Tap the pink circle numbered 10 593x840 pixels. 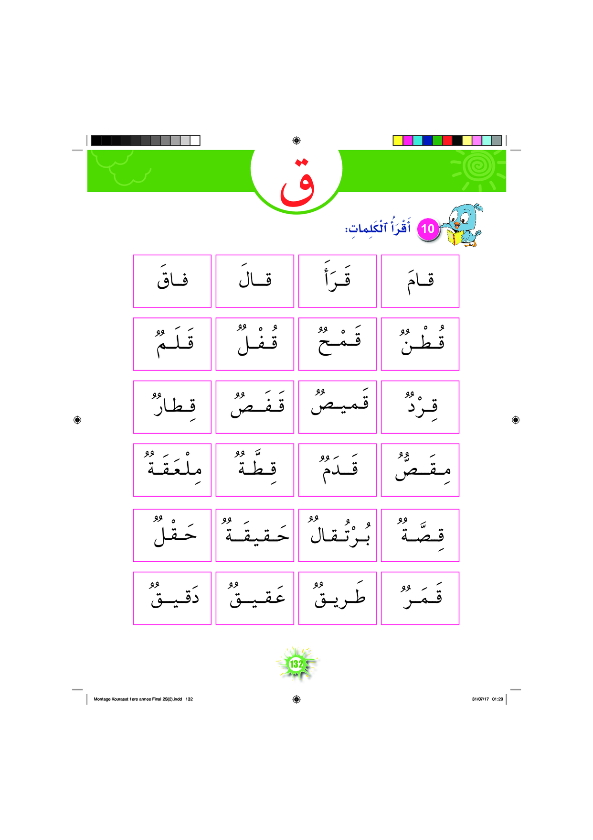pyautogui.click(x=427, y=229)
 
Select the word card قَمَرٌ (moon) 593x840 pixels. pyautogui.click(x=420, y=598)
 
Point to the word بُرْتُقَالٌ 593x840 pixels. pyautogui.click(x=338, y=535)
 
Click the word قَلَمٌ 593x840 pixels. pyautogui.click(x=172, y=344)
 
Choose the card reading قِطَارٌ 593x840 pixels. pyautogui.click(x=172, y=407)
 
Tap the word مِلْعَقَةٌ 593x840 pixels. pyautogui.click(x=172, y=469)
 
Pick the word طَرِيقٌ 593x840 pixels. pyautogui.click(x=338, y=598)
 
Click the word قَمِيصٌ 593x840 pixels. pyautogui.click(x=338, y=407)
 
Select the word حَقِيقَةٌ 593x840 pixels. pyautogui.click(x=255, y=535)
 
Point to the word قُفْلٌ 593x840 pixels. pyautogui.click(x=255, y=344)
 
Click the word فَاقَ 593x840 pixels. pyautogui.click(x=172, y=281)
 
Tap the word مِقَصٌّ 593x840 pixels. pyautogui.click(x=420, y=469)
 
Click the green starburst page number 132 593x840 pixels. pyautogui.click(x=296, y=664)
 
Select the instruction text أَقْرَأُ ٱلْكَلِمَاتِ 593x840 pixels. pyautogui.click(x=377, y=228)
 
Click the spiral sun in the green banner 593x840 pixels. pyautogui.click(x=477, y=166)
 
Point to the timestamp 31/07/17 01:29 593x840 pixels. pyautogui.click(x=487, y=699)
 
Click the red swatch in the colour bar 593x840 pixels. pyautogui.click(x=447, y=141)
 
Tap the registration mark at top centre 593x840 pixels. pyautogui.click(x=296, y=141)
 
